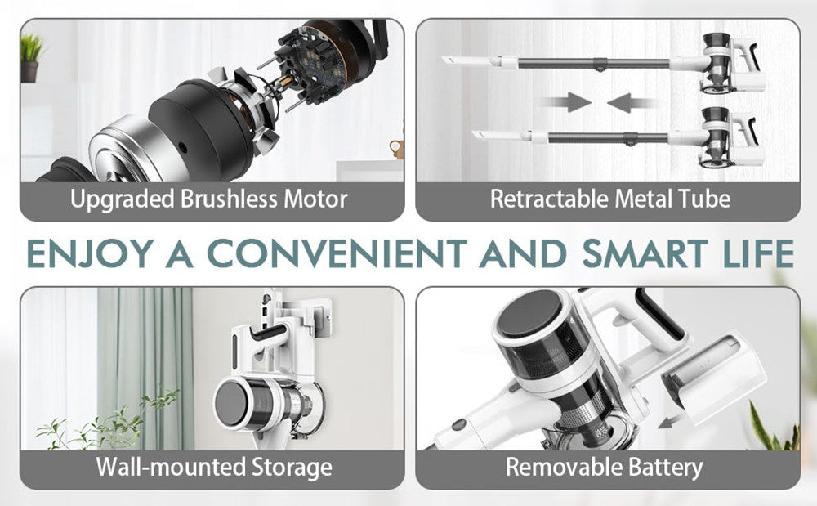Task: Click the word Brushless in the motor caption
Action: coord(229,199)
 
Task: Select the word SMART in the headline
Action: coord(645,253)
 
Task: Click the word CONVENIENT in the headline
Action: coord(337,253)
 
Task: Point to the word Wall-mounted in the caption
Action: coord(171,467)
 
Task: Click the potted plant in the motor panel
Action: coord(30,57)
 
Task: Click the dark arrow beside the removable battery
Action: coord(669,420)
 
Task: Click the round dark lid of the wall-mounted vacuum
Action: coord(231,404)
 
